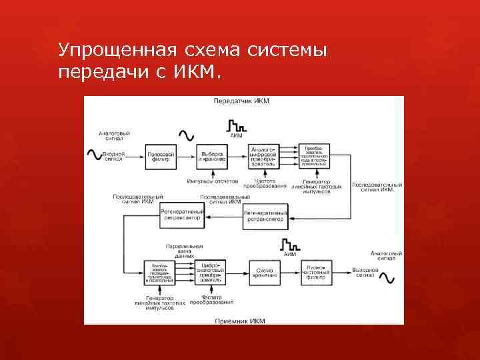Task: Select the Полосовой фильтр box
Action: pyautogui.click(x=161, y=157)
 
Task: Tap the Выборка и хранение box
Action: pyautogui.click(x=212, y=157)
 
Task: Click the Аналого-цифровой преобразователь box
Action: pyautogui.click(x=265, y=157)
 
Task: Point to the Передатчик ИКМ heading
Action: pyautogui.click(x=241, y=101)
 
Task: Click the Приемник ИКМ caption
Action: pyautogui.click(x=240, y=321)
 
